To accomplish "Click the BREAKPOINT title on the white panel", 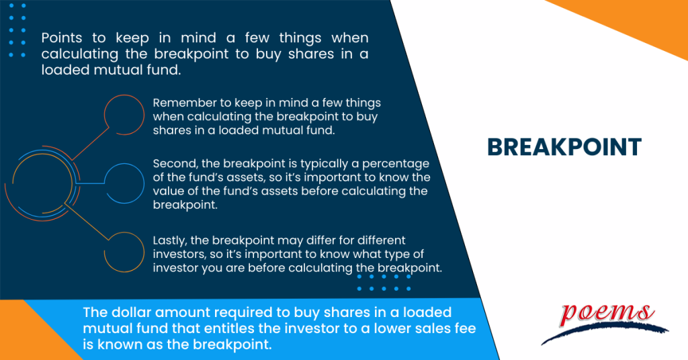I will (564, 147).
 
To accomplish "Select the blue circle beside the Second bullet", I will (126, 183).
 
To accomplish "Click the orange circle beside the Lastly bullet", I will (126, 253).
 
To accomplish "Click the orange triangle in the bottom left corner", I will (17, 336).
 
